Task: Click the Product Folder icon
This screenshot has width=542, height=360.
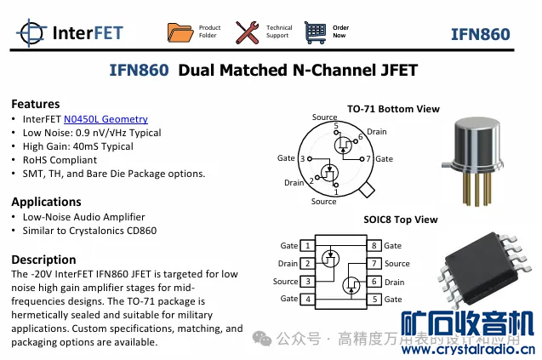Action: tap(180, 32)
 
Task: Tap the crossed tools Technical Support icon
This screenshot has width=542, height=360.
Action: tap(248, 32)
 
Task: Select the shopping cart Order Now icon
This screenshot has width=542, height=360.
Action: tap(315, 32)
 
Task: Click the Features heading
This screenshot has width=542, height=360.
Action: tap(35, 104)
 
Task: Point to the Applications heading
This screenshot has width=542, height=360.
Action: tap(46, 202)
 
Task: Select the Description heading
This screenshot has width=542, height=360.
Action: tap(43, 260)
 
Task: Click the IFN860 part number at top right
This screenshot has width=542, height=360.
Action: tap(480, 34)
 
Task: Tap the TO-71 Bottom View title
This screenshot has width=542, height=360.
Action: tap(393, 109)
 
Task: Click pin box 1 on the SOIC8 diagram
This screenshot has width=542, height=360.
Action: tap(307, 246)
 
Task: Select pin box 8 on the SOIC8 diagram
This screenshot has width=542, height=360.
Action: tap(374, 246)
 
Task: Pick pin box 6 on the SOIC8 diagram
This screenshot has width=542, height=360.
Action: tap(374, 282)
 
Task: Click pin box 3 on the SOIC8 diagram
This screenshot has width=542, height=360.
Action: tap(307, 282)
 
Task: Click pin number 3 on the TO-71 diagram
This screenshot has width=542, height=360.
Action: tap(303, 159)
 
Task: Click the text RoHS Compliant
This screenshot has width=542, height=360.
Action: tap(60, 159)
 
